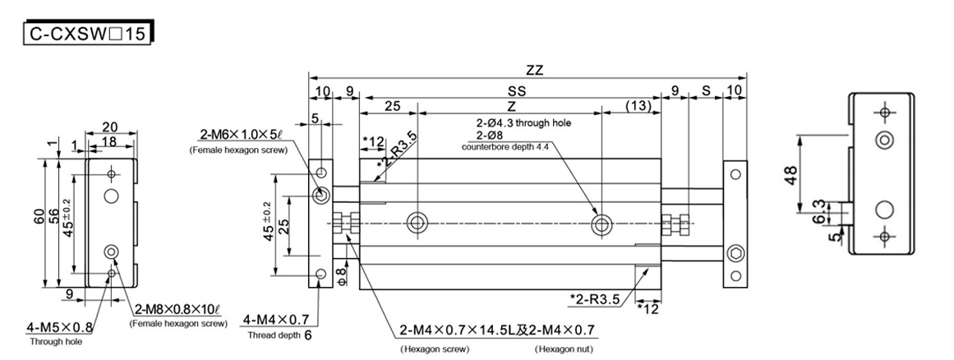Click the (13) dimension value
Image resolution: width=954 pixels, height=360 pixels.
(x=638, y=106)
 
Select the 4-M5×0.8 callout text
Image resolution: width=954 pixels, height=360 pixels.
(x=62, y=328)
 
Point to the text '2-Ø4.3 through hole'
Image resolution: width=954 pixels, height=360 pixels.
(x=522, y=123)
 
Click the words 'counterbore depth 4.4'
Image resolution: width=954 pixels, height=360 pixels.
(x=505, y=147)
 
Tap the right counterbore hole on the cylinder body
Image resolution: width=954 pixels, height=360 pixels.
(x=602, y=222)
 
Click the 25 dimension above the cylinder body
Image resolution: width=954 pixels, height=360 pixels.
(x=391, y=106)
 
